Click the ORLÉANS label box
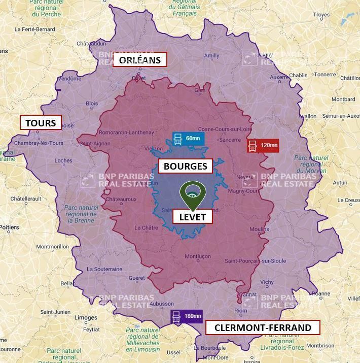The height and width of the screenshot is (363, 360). point(139,60)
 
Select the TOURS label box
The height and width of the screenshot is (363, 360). point(41,123)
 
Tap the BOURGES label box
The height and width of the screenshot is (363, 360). point(185,166)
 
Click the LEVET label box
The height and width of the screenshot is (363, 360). point(192,217)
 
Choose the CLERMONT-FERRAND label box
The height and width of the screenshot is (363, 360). point(263,327)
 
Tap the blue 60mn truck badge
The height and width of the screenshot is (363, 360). point(187,139)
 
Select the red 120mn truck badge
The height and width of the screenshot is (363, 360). point(263,146)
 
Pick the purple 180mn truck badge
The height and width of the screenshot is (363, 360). point(186,316)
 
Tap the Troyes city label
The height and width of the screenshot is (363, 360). point(321,15)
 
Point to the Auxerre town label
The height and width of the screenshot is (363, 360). point(279,78)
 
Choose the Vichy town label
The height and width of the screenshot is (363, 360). point(266,282)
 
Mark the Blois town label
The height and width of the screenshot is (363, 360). point(92,103)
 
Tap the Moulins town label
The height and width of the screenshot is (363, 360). point(260,229)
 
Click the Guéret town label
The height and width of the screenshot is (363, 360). point(137,278)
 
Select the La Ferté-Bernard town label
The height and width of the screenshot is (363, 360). point(34,29)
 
